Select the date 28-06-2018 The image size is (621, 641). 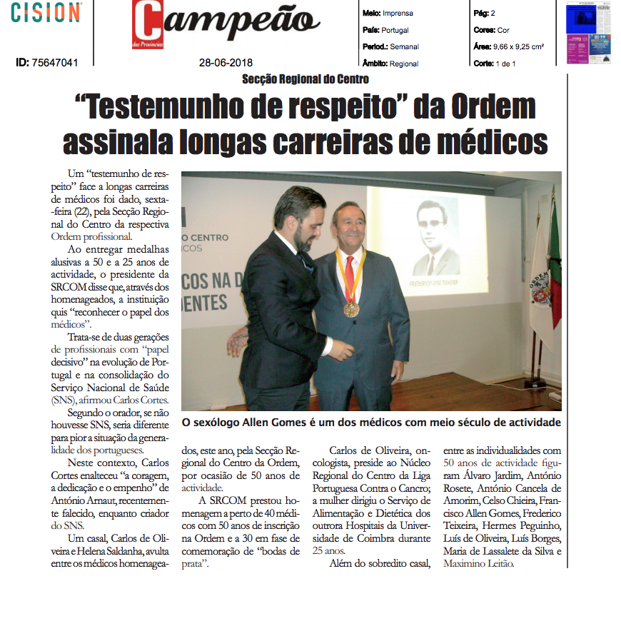[226, 63]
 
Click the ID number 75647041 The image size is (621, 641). [46, 63]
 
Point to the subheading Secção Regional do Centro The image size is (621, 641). [305, 79]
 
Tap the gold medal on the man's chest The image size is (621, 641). [351, 309]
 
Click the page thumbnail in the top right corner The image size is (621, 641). [589, 33]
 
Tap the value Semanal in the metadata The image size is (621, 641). [405, 47]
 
